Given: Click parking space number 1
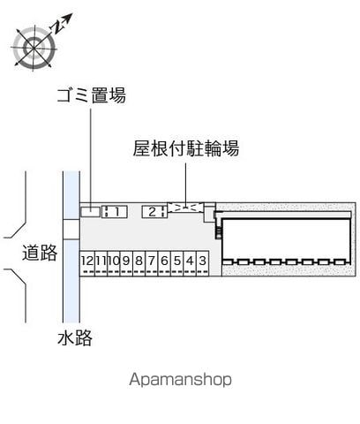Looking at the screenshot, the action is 115,212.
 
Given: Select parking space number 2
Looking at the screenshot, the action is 154,212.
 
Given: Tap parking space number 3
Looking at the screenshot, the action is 203,263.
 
